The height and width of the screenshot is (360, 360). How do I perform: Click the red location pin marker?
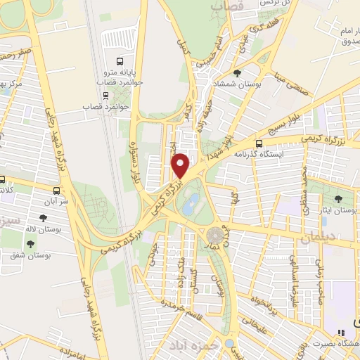click(x=181, y=165)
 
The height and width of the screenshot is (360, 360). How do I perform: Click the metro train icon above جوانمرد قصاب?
click(x=105, y=95)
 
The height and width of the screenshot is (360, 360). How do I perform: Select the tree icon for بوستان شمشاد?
click(x=237, y=73)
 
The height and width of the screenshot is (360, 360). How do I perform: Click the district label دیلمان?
click(x=304, y=239)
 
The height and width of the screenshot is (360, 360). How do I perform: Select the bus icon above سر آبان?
click(x=56, y=190)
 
